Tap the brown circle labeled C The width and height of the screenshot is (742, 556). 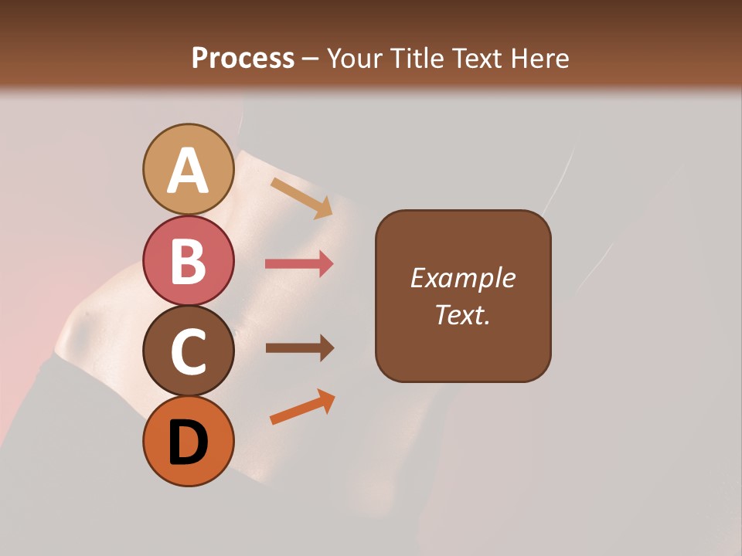point(188,351)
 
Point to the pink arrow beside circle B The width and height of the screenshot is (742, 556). point(299,264)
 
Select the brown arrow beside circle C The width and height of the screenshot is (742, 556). point(299,348)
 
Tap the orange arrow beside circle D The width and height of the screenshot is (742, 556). point(302,407)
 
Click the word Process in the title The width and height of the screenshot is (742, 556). point(243,58)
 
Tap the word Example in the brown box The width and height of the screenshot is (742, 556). point(462,278)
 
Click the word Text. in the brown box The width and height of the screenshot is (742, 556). point(462,314)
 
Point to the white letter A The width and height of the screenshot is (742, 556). point(188,171)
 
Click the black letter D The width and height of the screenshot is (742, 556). point(188,442)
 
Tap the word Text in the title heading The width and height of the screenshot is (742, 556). point(474,58)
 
